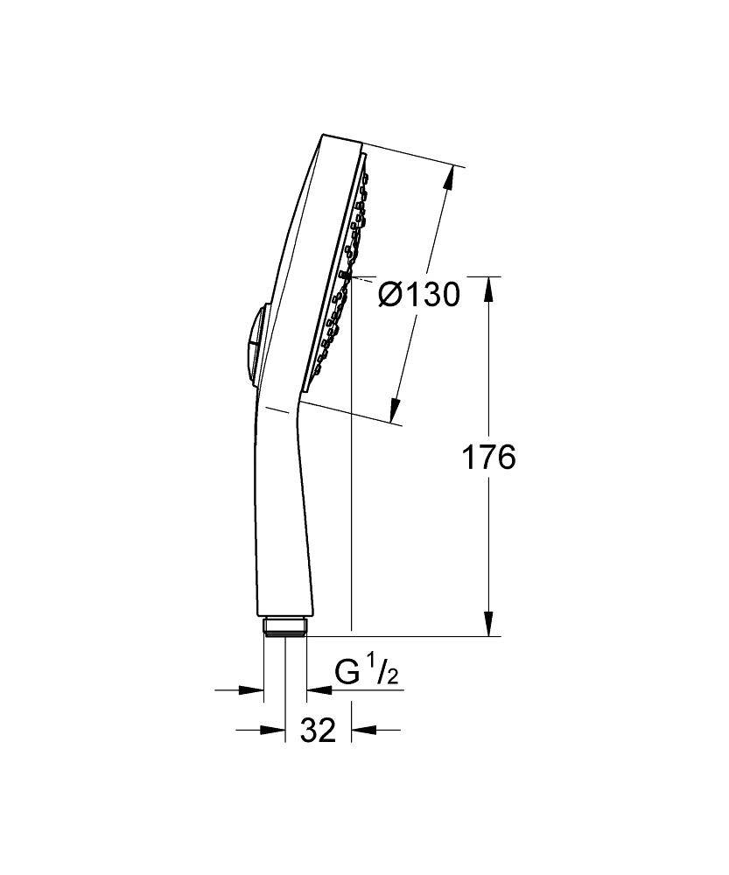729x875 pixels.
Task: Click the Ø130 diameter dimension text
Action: point(418,296)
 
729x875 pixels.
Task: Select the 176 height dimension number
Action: point(488,458)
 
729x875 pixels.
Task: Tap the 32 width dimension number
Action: point(319,730)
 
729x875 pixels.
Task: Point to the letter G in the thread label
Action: point(347,674)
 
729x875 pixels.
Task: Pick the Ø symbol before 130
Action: point(390,296)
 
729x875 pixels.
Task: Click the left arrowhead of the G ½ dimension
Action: point(253,690)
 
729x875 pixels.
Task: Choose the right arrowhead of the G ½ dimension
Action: point(317,690)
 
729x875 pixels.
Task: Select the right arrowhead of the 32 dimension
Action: point(361,729)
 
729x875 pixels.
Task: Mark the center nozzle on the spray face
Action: point(346,276)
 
